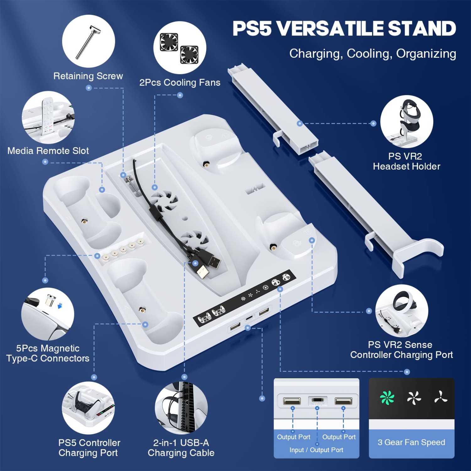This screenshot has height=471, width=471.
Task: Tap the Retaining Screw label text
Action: pos(88,76)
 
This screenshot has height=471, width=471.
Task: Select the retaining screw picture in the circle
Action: pos(88,41)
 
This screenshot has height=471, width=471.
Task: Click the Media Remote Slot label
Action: pos(48,151)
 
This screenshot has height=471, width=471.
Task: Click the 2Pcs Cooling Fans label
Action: pos(180,83)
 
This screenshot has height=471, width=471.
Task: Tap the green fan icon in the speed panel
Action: pos(387,398)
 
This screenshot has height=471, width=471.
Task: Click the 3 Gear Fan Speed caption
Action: pos(411,442)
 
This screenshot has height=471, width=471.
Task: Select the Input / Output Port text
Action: pos(316,450)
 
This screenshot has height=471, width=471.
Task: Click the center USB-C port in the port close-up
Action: pos(317,401)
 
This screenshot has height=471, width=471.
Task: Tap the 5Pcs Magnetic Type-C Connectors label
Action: pos(48,353)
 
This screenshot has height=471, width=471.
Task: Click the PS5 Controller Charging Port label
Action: pos(89,448)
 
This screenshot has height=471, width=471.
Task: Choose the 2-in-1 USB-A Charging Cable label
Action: pos(181,448)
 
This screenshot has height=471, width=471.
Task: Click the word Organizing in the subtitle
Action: pos(426,54)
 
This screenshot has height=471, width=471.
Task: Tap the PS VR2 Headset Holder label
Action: pos(406,161)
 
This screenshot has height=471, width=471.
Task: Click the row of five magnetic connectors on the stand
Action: pos(123,250)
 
